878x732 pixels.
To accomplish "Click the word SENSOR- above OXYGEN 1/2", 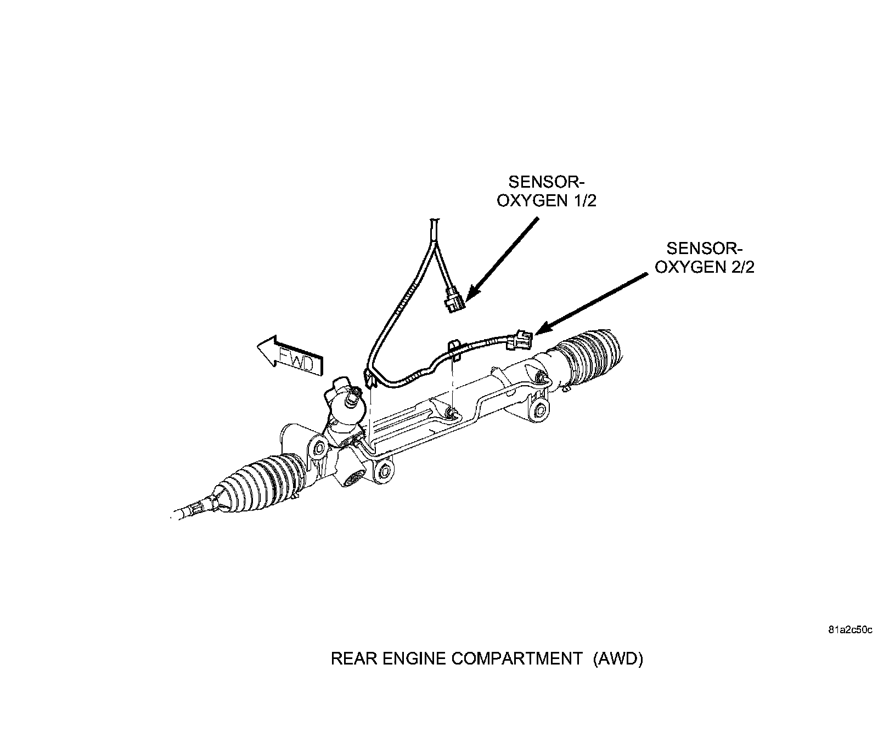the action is pos(544,182).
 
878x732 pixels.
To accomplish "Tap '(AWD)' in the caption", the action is pos(617,658).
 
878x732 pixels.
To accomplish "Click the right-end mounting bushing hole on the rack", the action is pos(540,409).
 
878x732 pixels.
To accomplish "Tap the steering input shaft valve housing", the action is pos(343,403).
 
